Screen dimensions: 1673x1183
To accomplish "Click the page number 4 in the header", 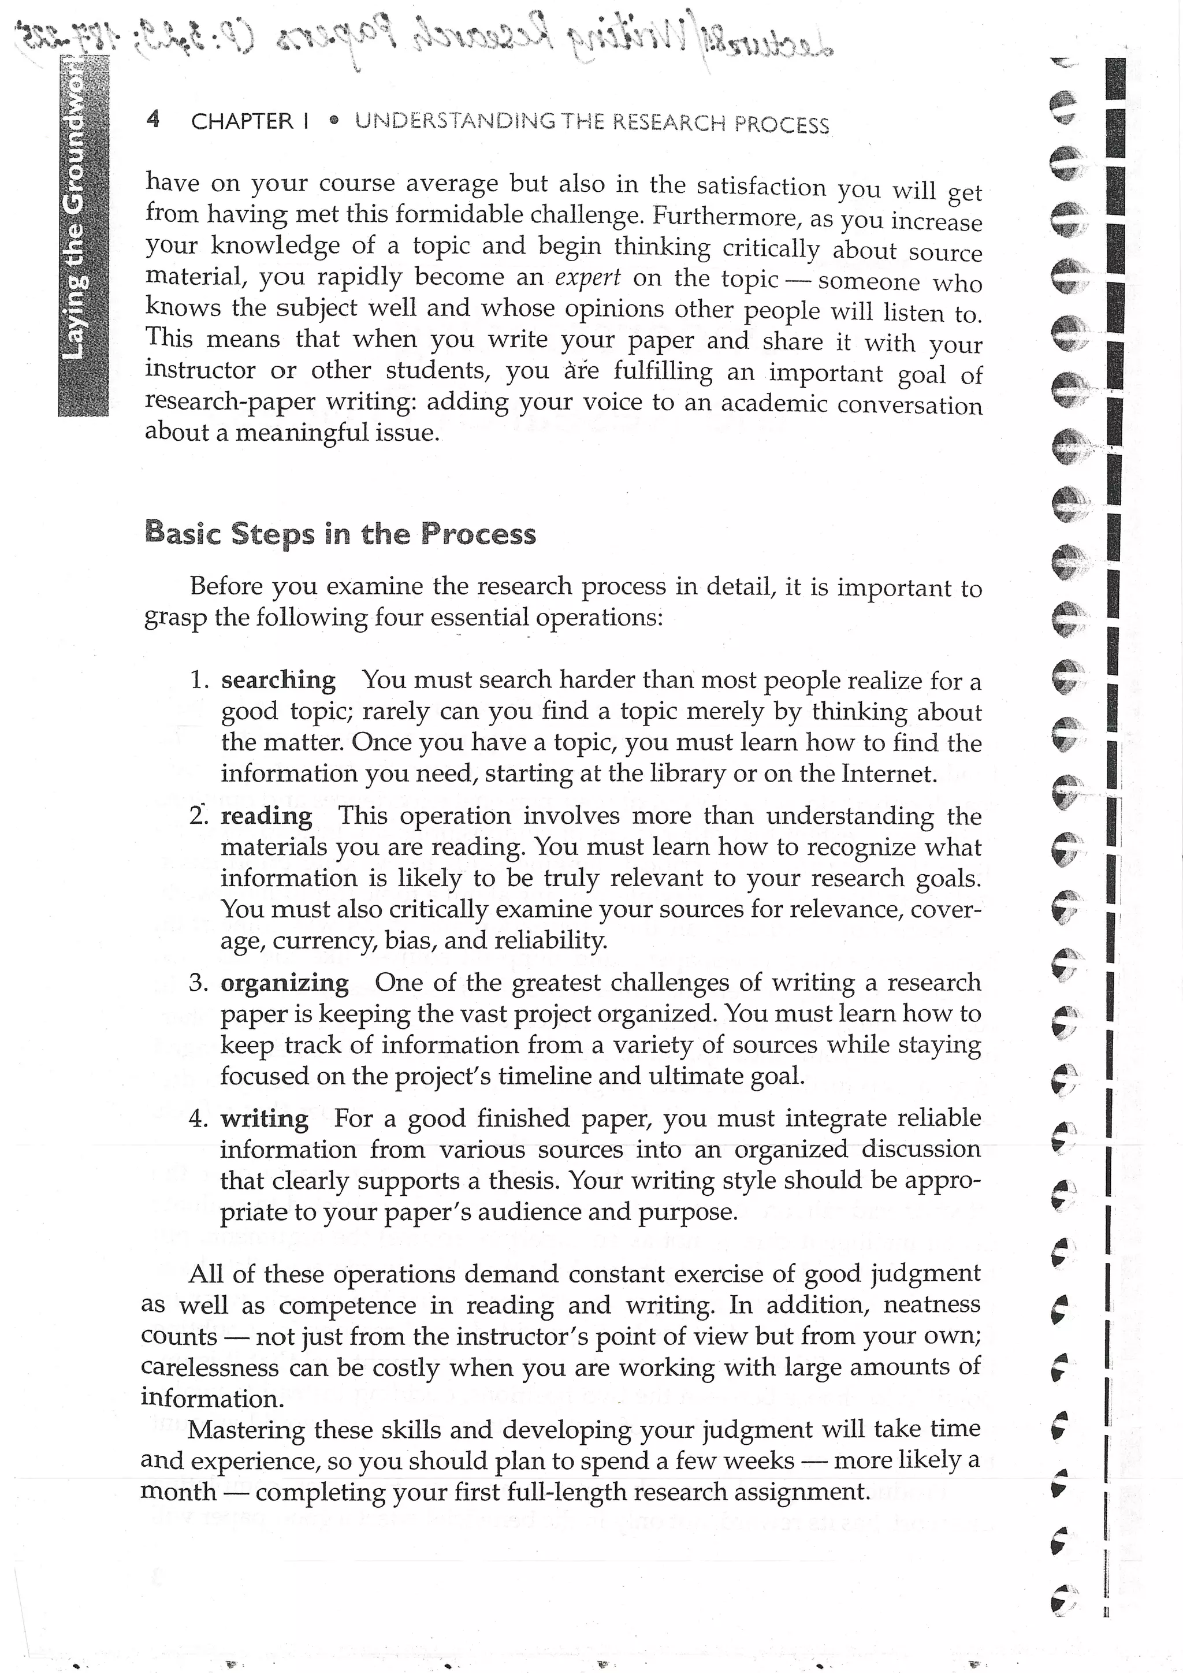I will pos(152,119).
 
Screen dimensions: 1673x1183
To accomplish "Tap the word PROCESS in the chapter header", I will pos(782,125).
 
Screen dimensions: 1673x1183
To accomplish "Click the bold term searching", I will pos(278,680).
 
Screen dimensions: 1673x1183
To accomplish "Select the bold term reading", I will pos(267,815).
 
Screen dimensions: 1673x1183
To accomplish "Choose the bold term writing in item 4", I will pos(265,1118).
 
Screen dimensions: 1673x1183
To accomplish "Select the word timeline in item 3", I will pos(545,1076).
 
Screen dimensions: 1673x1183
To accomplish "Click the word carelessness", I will pos(210,1367).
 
